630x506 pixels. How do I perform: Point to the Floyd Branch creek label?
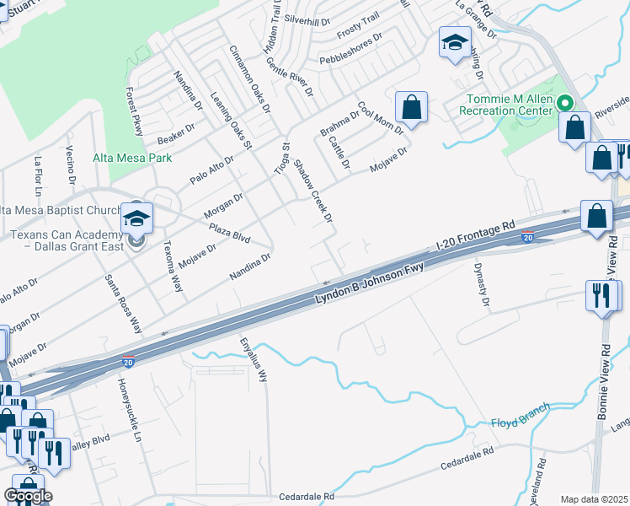(520, 415)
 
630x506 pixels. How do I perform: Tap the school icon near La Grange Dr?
(455, 42)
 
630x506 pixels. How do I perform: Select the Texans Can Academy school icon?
(136, 219)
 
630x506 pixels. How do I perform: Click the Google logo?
(28, 496)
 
